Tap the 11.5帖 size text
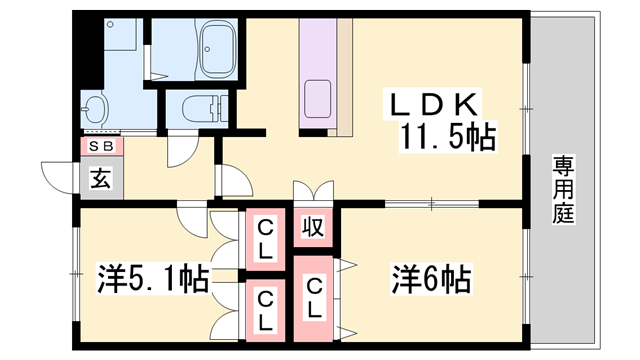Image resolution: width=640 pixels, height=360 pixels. (449, 137)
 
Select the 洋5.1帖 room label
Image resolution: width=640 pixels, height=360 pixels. (152, 277)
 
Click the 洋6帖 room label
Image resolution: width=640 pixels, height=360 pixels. (432, 277)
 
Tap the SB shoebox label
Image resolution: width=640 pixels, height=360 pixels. (101, 146)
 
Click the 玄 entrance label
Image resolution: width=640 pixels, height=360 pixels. (101, 180)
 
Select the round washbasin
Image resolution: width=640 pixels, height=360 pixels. (97, 107)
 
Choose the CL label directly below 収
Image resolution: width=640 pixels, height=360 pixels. (314, 298)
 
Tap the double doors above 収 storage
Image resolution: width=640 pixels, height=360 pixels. (312, 192)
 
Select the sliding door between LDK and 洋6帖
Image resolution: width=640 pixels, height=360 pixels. (431, 205)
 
